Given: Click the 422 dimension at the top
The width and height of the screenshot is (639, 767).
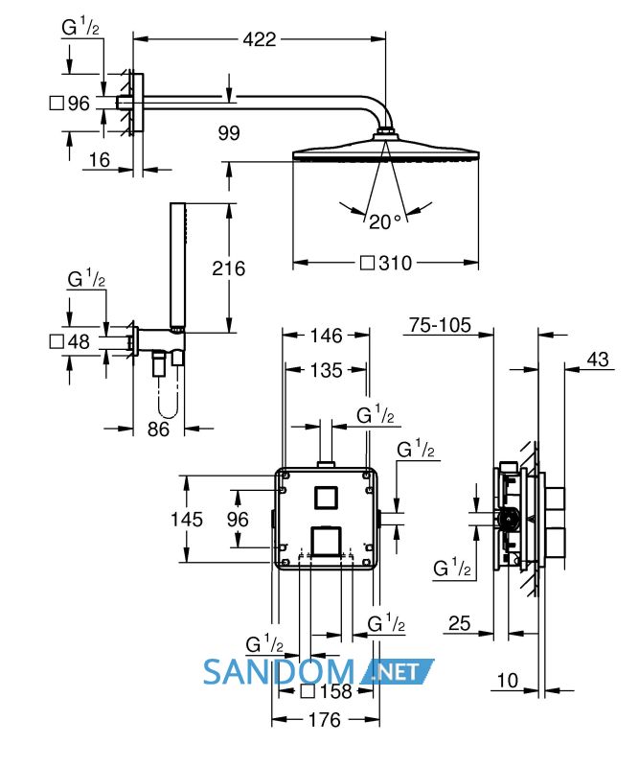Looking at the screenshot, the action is (x=259, y=39).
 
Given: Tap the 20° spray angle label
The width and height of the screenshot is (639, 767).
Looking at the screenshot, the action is (x=385, y=221).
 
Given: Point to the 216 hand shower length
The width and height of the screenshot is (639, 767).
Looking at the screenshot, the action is (x=228, y=268).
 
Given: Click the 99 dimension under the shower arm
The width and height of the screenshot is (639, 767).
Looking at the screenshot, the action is (x=229, y=133).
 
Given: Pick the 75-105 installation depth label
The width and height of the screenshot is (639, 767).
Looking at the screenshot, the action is (x=440, y=325).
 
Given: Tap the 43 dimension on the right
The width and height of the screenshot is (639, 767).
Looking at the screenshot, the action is (x=598, y=360).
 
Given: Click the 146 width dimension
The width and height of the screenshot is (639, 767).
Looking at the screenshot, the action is (x=326, y=336).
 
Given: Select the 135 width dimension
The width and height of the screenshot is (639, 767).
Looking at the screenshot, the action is (x=326, y=370).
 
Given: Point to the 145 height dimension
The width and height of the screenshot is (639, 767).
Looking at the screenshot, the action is (x=186, y=519).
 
